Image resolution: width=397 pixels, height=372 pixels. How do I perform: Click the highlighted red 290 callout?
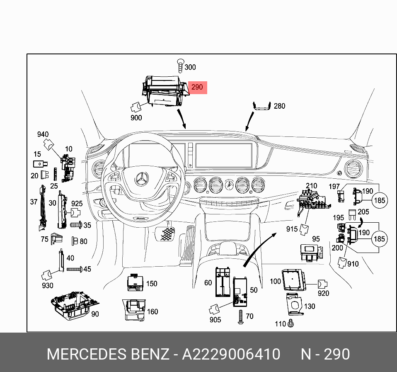(197, 87)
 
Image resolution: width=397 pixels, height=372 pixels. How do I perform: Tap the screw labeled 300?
(180, 66)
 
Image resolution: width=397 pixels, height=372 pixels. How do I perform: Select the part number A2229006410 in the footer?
(231, 355)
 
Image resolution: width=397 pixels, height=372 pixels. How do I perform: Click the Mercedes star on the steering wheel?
(141, 179)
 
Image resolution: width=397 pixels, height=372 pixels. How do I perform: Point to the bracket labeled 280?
(261, 107)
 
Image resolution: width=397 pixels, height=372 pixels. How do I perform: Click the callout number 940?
(43, 134)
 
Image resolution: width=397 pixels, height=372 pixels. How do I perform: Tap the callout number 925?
(77, 204)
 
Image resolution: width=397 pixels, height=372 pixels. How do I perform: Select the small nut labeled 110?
(290, 323)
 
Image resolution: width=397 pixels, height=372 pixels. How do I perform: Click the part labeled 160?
(135, 310)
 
